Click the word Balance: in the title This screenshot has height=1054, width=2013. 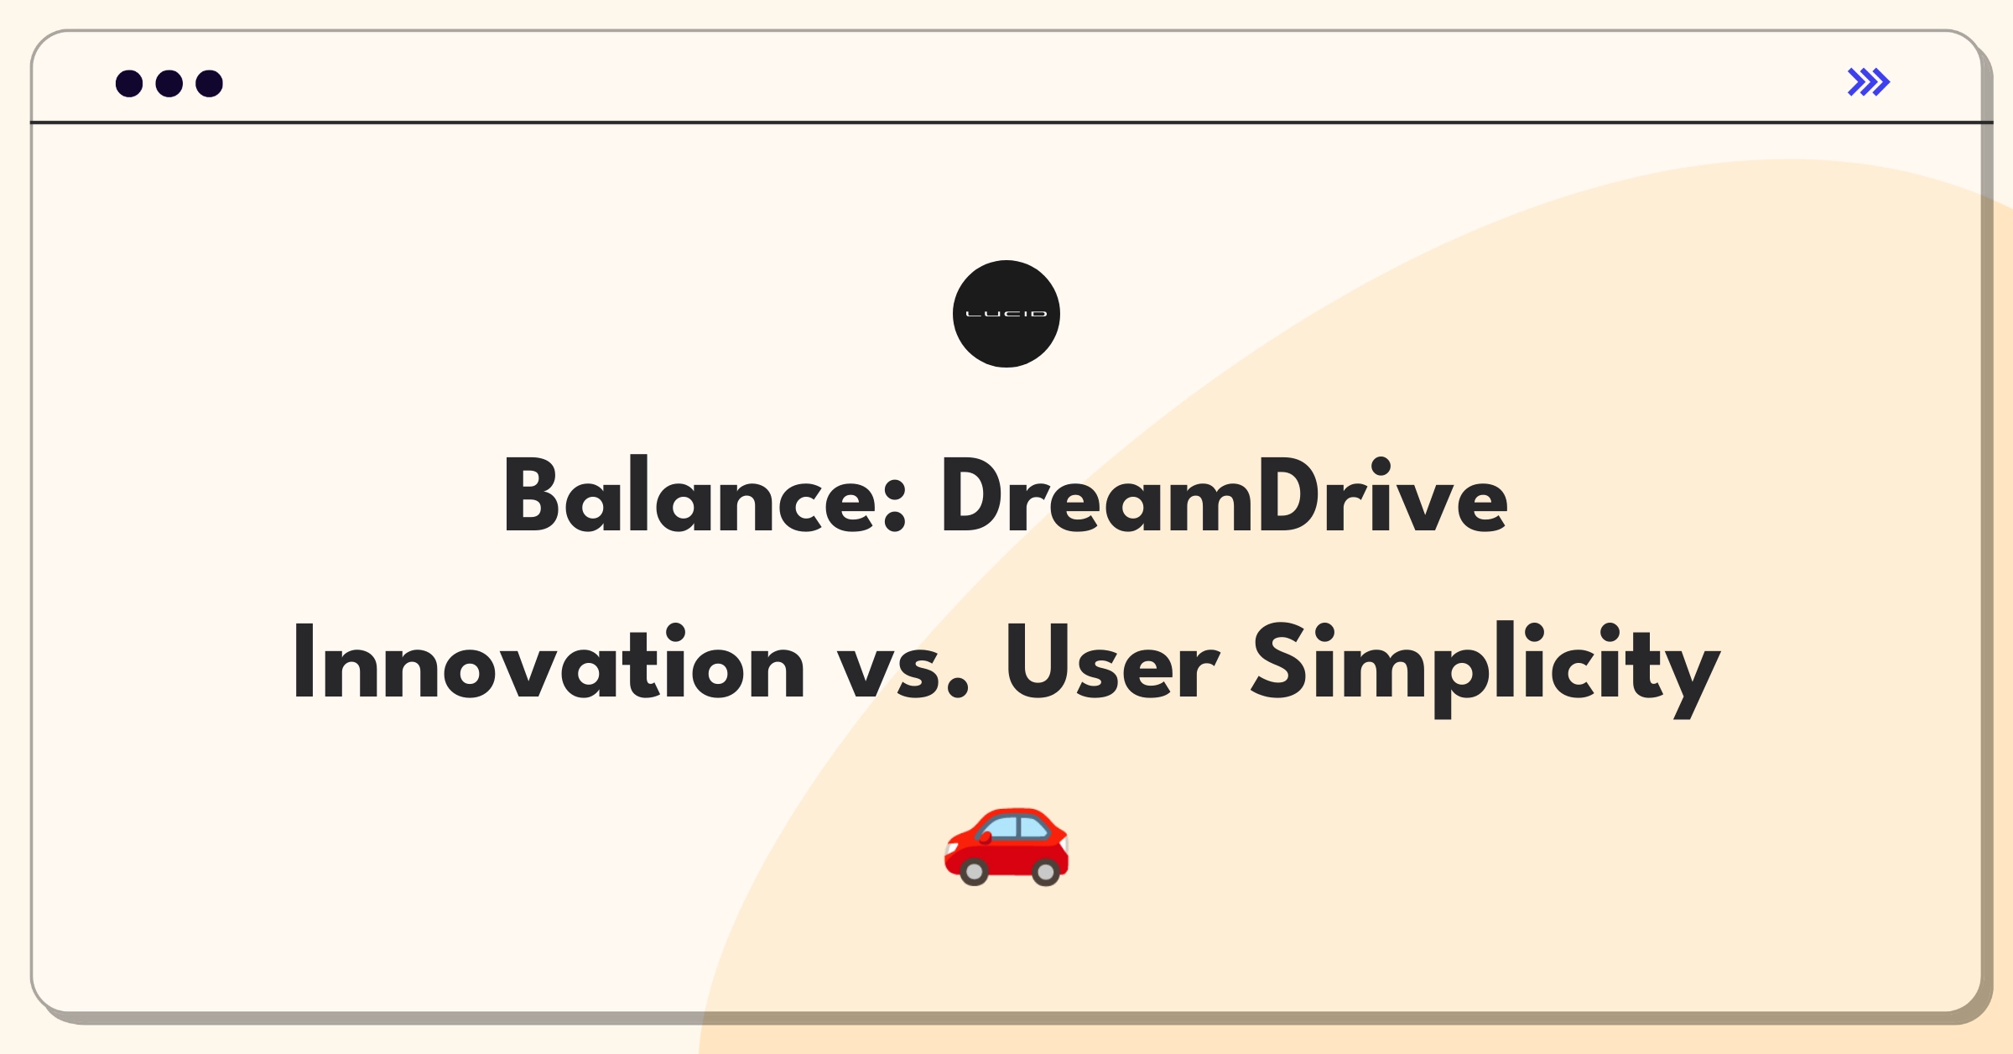click(x=705, y=495)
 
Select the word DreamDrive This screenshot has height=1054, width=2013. click(x=1225, y=495)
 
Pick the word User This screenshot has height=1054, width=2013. click(x=1112, y=662)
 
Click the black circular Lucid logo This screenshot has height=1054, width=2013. click(x=1006, y=314)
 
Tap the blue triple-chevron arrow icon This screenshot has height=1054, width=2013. click(x=1869, y=82)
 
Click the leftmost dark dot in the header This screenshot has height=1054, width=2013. click(x=129, y=83)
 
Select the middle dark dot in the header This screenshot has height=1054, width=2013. click(x=169, y=83)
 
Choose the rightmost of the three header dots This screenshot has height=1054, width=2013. click(x=210, y=83)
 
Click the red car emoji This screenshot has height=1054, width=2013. click(x=1006, y=847)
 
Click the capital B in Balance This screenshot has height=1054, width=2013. click(x=531, y=495)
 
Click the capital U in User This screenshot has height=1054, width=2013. click(x=1037, y=662)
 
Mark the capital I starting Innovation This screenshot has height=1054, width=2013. click(x=304, y=662)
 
